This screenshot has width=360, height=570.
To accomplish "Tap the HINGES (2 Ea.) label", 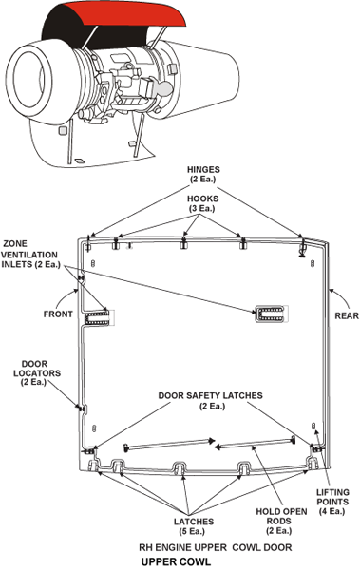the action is coord(203,174).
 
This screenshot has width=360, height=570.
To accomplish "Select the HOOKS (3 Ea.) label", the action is coord(202,203).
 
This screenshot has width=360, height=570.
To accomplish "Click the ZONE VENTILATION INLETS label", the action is coord(29,254).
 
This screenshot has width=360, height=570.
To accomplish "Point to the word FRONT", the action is coord(58,313).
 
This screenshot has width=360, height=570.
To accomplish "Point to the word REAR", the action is coord(347,315).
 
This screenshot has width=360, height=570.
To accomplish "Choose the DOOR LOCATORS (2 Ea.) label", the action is coord(34,373).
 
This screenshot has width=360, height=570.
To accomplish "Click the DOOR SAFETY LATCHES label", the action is coord(210,400).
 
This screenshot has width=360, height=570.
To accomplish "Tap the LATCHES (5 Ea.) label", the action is coord(194,526).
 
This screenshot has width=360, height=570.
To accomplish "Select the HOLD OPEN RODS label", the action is coord(281,521).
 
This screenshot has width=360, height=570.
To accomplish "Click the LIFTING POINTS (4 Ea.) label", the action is coord(332,502).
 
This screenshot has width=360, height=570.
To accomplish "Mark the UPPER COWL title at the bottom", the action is coord(176,561).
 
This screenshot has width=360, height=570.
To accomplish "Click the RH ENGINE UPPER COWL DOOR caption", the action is coord(216,547).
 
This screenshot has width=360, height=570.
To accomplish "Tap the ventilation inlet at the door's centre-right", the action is coord(270,314).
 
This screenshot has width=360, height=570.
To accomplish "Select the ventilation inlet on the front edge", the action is coord(97,317).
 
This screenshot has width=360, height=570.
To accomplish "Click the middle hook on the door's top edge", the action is coord(184,243).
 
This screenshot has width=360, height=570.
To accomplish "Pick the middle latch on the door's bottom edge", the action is coord(180,467).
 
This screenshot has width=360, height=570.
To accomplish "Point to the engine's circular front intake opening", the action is coord(28,79).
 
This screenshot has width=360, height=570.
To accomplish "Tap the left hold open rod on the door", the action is coord(168,445).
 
